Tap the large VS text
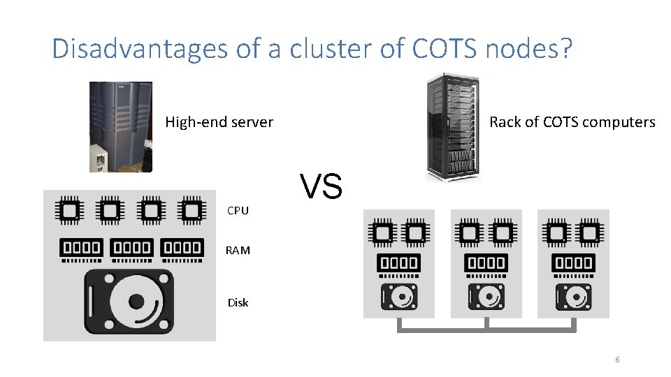[x=322, y=186]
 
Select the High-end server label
[x=219, y=122]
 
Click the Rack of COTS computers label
[x=572, y=122]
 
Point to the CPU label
[x=238, y=210]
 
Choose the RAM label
[x=238, y=250]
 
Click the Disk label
[x=238, y=302]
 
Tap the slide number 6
[x=617, y=360]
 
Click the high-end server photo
[x=120, y=126]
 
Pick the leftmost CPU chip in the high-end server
[x=69, y=210]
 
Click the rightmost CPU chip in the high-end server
[x=191, y=210]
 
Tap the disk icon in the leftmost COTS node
[x=399, y=297]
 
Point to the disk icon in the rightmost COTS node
[x=574, y=297]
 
